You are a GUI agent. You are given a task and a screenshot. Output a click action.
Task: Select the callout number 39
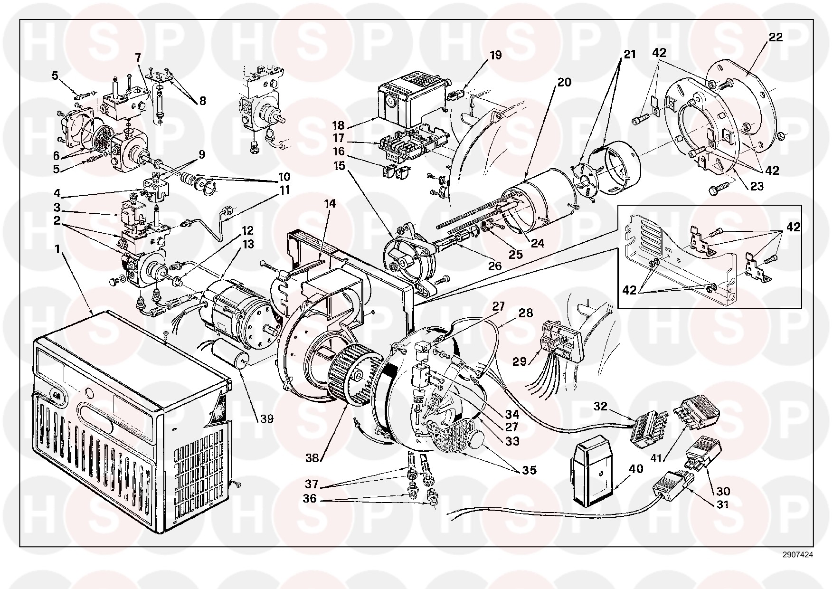click(x=267, y=418)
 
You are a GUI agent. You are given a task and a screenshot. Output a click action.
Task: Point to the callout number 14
click(x=330, y=204)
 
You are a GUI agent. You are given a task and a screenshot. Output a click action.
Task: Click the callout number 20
click(x=564, y=82)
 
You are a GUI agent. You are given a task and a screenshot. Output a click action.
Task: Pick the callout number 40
click(x=636, y=469)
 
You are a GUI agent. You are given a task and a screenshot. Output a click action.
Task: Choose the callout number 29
click(x=519, y=361)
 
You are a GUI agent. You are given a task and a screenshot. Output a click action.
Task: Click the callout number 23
click(x=756, y=186)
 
